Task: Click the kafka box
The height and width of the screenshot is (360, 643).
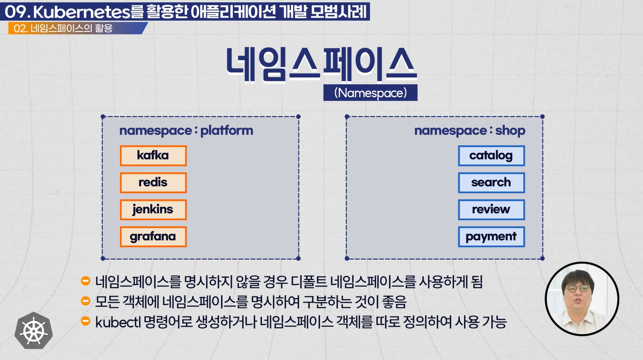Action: click(x=153, y=155)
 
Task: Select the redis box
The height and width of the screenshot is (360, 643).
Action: click(x=153, y=183)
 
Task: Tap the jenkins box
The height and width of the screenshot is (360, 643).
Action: click(x=153, y=210)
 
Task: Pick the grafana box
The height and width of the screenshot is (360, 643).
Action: click(x=153, y=236)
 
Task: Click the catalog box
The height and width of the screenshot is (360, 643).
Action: click(x=492, y=155)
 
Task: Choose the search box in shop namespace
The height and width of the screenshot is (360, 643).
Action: click(x=492, y=183)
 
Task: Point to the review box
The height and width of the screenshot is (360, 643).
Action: click(x=492, y=210)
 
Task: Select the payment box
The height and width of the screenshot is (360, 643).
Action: click(x=492, y=236)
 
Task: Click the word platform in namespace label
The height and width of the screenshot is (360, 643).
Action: click(x=227, y=131)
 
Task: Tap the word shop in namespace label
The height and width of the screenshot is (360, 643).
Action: click(x=510, y=131)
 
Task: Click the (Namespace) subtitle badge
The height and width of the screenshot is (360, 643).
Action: click(x=370, y=93)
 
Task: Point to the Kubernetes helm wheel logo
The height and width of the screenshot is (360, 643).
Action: click(x=33, y=331)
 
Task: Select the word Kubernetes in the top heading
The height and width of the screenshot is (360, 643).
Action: click(x=82, y=12)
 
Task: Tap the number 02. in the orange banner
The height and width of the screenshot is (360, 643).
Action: click(x=21, y=28)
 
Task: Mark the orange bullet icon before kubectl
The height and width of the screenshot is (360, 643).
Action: click(x=86, y=321)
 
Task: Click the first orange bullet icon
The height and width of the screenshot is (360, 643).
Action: click(x=86, y=281)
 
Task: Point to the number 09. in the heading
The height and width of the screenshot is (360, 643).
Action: click(x=18, y=12)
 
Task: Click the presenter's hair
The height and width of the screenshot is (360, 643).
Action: click(x=578, y=277)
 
